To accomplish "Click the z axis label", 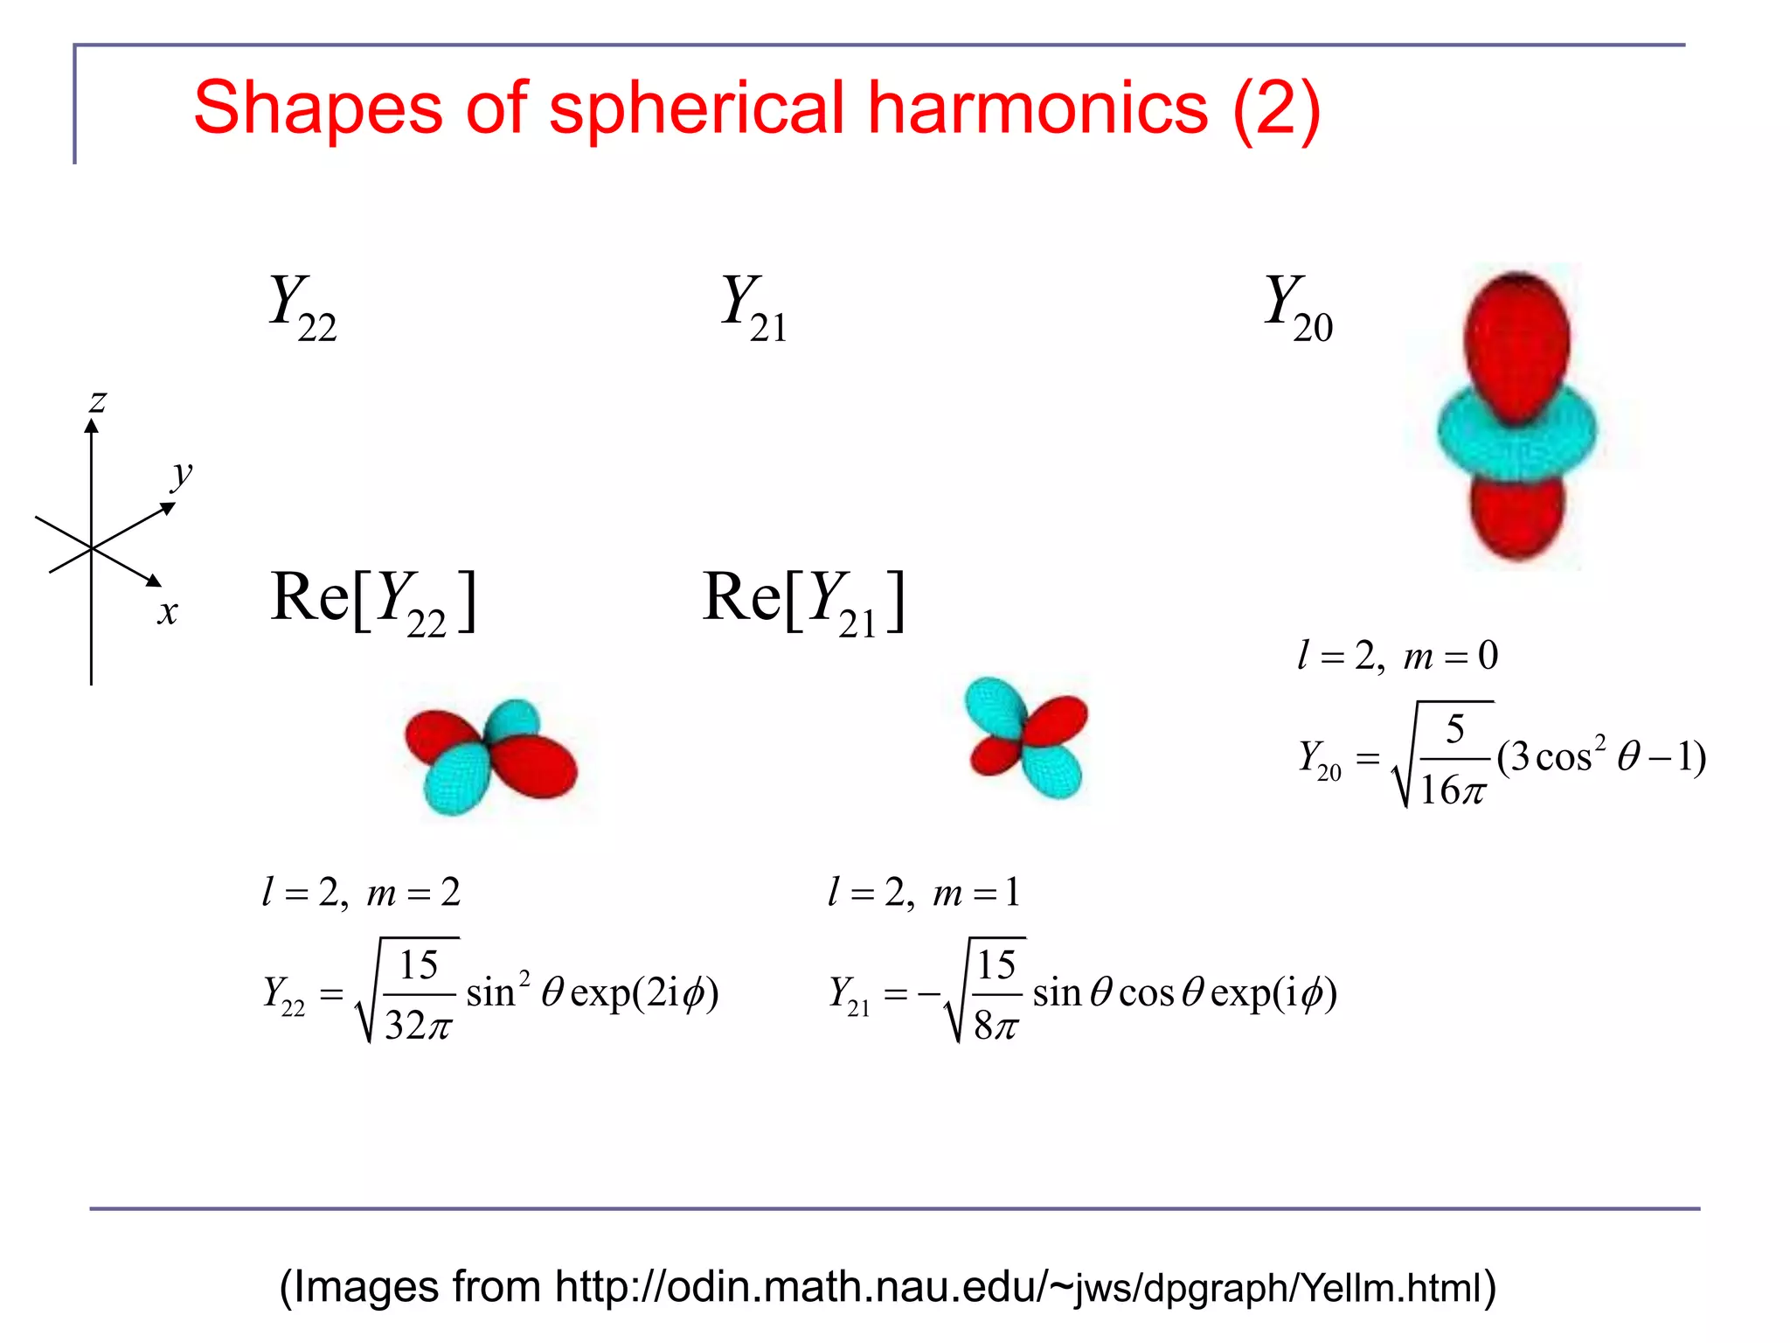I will pos(98,401).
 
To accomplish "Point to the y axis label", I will pos(181,475).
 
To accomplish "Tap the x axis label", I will pos(167,611).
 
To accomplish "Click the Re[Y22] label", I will pos(374,601).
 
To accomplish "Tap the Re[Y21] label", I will pos(804,601).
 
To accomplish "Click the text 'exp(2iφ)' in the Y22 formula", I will pos(644,992).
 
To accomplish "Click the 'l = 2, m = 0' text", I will pos(1398,655).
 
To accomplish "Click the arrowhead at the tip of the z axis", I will pos(91,425).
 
